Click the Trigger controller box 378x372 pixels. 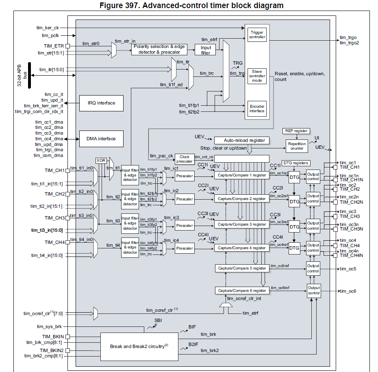click(x=257, y=35)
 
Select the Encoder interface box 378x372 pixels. click(x=257, y=108)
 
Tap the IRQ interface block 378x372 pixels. click(x=101, y=103)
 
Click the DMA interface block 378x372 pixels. click(x=101, y=139)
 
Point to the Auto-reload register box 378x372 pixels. click(x=241, y=140)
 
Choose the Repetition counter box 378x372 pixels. click(x=297, y=146)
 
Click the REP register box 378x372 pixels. click(x=295, y=131)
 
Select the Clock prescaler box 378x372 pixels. click(x=184, y=159)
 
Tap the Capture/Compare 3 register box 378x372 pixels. click(x=241, y=224)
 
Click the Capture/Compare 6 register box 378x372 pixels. click(x=241, y=290)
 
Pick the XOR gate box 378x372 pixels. click(x=100, y=161)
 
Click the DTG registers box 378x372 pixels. click(x=296, y=163)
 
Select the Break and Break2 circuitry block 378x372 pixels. click(x=139, y=346)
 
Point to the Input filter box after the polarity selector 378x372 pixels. click(x=206, y=50)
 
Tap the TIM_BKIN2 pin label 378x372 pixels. click(x=52, y=350)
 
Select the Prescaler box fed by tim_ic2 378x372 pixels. click(x=185, y=199)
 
